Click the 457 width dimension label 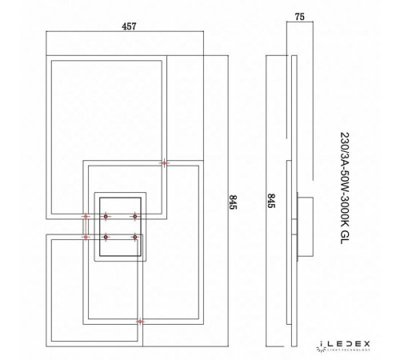(106, 25)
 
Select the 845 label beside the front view (234, 202)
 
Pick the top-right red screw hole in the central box (135, 215)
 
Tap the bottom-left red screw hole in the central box (105, 237)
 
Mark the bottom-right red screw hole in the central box (135, 237)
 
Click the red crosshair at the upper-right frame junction (165, 163)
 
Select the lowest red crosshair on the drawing (141, 322)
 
